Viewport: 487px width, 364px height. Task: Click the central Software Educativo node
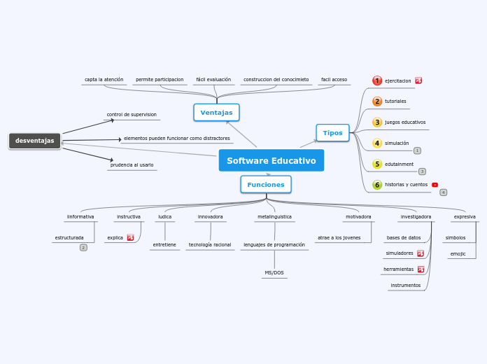(271, 160)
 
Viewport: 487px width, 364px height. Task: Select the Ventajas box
(216, 113)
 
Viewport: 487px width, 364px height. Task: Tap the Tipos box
(332, 133)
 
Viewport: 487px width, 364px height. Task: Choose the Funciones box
(266, 185)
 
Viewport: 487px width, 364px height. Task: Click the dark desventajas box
(35, 141)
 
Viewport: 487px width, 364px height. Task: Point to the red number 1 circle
(377, 80)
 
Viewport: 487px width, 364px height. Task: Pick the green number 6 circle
(377, 185)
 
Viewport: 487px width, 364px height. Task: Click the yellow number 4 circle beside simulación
(377, 143)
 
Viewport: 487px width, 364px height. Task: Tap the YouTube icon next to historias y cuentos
(435, 185)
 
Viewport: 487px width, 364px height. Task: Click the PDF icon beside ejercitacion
(418, 80)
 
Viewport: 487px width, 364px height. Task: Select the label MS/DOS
(274, 272)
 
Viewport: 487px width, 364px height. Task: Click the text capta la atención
(104, 80)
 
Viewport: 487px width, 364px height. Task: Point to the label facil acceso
(334, 80)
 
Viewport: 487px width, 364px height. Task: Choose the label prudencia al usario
(132, 165)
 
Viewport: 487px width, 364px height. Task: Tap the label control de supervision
(132, 114)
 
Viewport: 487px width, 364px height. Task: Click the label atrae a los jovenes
(339, 238)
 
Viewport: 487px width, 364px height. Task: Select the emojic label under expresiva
(458, 253)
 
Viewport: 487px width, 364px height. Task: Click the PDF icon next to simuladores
(421, 253)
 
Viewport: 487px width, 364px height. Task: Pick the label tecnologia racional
(210, 245)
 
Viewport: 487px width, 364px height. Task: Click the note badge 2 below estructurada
(83, 248)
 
